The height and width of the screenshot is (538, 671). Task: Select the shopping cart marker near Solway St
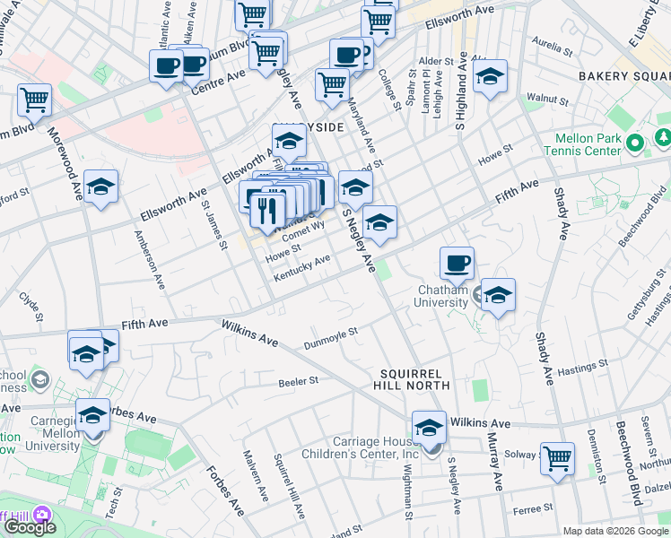pos(557,459)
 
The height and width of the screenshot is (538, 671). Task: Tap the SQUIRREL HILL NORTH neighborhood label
pos(414,378)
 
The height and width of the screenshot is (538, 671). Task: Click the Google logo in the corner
pos(30,527)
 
